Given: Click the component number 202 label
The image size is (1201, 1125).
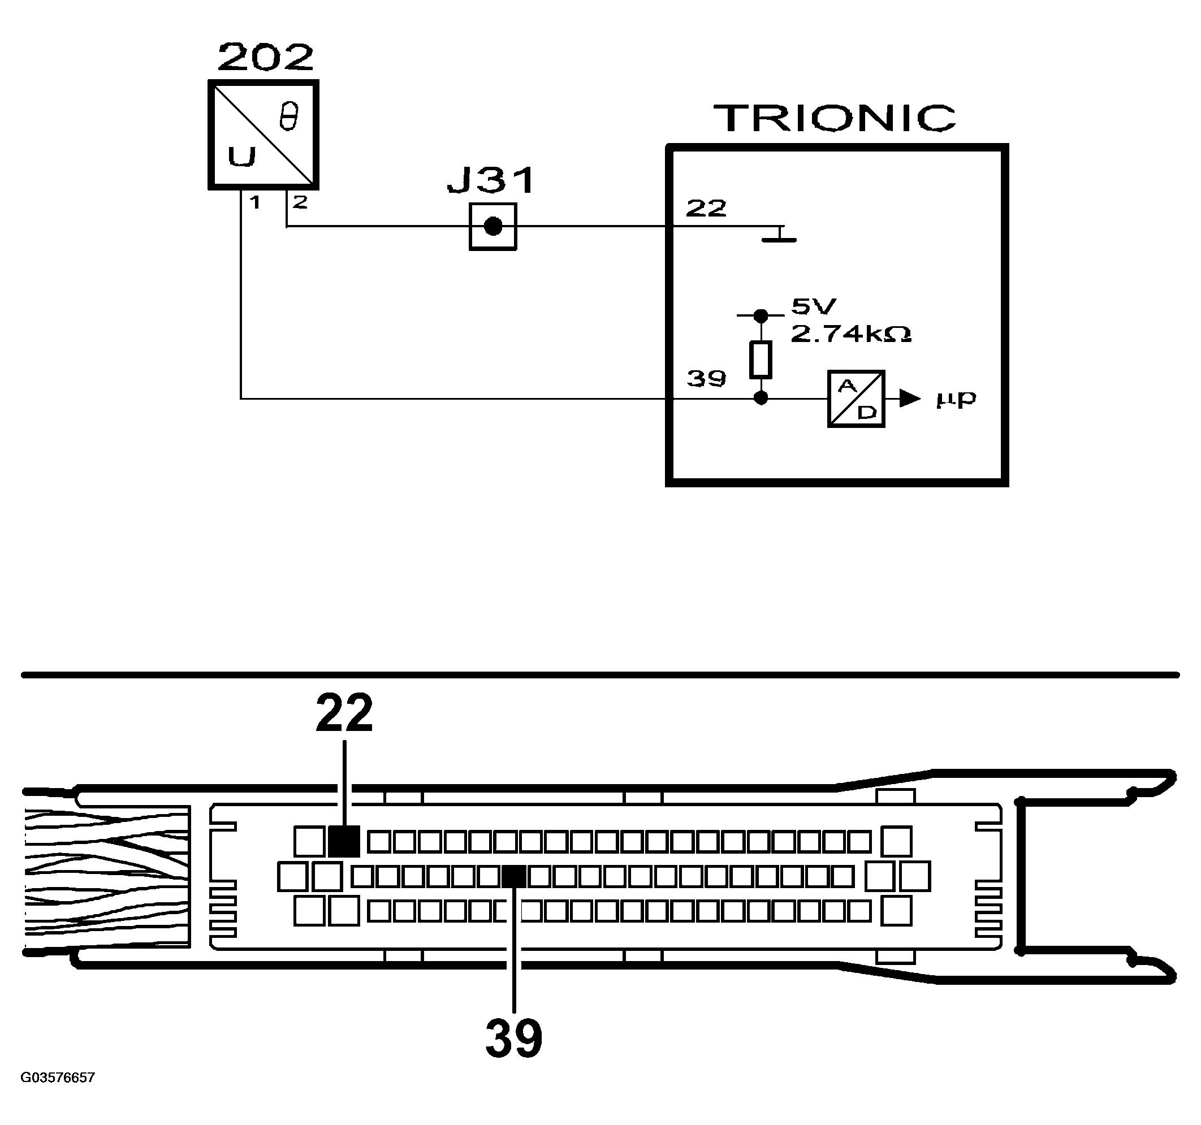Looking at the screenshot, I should [x=266, y=57].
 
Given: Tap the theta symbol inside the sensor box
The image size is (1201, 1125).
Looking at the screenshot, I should [x=289, y=116].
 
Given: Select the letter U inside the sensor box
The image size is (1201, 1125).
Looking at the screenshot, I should [x=241, y=157].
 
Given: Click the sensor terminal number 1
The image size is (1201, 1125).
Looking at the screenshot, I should [x=255, y=202].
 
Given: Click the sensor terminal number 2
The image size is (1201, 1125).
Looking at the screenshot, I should [x=300, y=202].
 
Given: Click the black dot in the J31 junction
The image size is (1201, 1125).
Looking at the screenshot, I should [x=493, y=227].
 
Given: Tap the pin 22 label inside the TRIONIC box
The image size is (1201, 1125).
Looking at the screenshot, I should [x=706, y=209].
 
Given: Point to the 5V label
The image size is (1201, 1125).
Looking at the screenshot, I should [x=814, y=307].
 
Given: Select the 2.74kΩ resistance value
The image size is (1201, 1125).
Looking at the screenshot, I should [x=850, y=334].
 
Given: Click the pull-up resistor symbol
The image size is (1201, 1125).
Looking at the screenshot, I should [x=761, y=360].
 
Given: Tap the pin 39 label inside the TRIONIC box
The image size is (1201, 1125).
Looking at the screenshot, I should [x=706, y=379].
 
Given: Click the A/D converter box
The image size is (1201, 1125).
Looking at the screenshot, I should [x=856, y=399].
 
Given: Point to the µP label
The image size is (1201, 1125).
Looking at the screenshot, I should [x=956, y=399].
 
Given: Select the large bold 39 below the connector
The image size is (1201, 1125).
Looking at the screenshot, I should [x=514, y=1039].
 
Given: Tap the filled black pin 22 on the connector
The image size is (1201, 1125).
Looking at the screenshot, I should [x=344, y=841].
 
